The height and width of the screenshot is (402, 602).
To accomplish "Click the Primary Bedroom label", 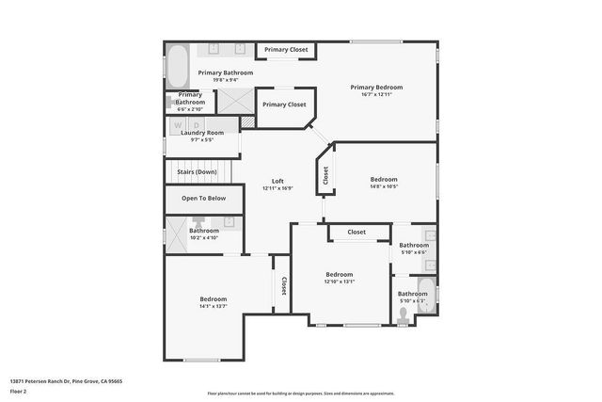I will (x=376, y=87).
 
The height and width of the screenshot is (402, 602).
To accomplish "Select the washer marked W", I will (x=182, y=123).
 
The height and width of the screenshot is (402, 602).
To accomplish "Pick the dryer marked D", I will (x=197, y=123).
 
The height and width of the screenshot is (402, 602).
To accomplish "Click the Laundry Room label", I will (x=202, y=133).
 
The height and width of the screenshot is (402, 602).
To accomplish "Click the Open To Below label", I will (x=203, y=199).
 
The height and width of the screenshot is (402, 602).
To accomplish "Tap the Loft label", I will (x=277, y=181).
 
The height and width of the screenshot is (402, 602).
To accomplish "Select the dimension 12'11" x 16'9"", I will (x=277, y=188).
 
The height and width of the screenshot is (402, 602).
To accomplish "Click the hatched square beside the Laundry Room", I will (x=247, y=122).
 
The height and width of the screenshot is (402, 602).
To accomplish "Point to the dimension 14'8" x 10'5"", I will (x=383, y=186).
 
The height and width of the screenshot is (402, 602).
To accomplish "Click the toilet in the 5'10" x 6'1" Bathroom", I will (x=404, y=319).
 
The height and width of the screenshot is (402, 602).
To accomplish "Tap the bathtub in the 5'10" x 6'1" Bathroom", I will (x=426, y=294).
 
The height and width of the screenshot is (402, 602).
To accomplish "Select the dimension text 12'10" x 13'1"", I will (x=339, y=281).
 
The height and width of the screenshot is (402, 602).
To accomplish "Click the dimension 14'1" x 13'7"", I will (x=213, y=306).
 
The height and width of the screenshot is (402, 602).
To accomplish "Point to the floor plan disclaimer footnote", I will (x=301, y=394).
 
